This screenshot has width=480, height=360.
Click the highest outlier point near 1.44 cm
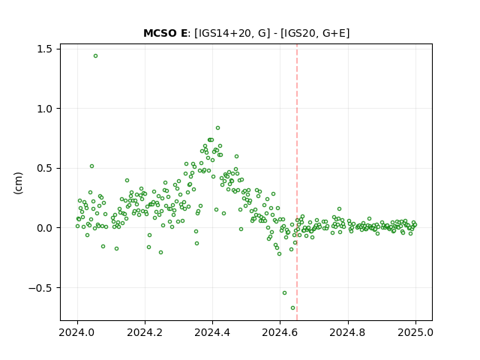click(95, 56)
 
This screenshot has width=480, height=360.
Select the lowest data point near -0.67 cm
click(293, 308)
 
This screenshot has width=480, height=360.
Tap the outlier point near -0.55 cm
click(284, 293)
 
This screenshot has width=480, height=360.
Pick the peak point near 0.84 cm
click(217, 128)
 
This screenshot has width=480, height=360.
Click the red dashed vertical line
click(297, 182)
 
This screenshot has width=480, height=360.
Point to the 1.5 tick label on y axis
click(45, 49)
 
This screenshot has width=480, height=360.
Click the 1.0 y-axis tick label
click(45, 109)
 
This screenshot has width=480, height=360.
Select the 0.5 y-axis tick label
click(45, 168)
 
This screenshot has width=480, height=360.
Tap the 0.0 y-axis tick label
click(45, 228)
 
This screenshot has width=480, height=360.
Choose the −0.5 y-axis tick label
click(40, 288)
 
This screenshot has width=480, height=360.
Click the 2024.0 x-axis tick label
click(77, 332)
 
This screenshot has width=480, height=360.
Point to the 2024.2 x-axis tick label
click(145, 332)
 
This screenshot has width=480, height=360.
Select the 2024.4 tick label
click(212, 332)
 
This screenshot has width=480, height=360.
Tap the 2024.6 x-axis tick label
click(280, 332)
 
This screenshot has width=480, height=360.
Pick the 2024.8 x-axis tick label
click(348, 332)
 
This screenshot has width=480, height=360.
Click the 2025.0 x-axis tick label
click(415, 332)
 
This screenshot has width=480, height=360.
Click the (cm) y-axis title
click(18, 183)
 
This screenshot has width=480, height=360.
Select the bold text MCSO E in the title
click(165, 33)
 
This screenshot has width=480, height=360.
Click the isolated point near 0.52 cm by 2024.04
click(91, 166)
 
